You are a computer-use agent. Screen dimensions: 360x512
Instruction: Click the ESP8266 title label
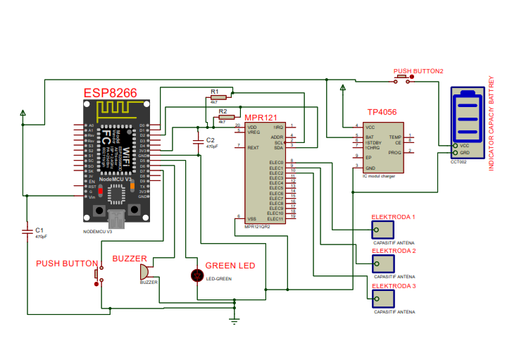pos(110,93)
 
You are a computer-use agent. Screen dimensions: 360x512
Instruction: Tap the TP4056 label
pos(382,112)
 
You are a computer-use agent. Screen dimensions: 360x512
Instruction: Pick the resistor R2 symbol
pos(226,117)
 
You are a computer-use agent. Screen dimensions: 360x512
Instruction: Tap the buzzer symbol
pos(144,271)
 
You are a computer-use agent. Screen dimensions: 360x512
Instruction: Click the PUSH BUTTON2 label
pos(418,71)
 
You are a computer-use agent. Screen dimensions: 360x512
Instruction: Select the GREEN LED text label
pos(230,266)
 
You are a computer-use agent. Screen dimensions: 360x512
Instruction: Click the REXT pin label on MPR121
pos(253,147)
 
